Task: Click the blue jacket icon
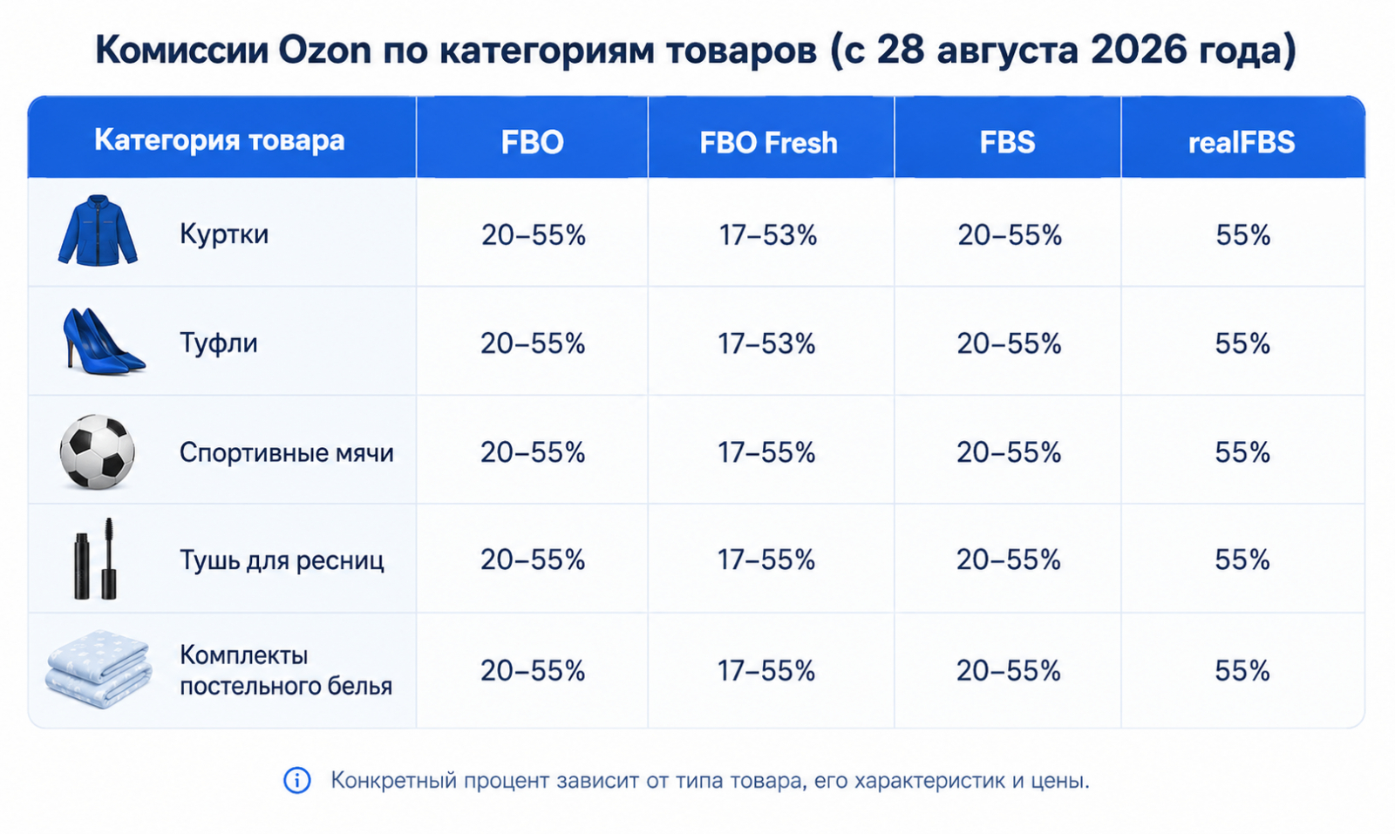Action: [98, 231]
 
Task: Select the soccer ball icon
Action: [97, 451]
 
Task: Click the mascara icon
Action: [95, 559]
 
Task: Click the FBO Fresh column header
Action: [768, 143]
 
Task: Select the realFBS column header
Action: [1242, 143]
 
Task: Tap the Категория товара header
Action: [219, 140]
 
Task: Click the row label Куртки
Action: [224, 234]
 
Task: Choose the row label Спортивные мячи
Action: [287, 453]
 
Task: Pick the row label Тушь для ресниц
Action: [282, 560]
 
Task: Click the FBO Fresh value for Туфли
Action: [766, 343]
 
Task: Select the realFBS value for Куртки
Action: [1243, 235]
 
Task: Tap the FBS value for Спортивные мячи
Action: [1009, 452]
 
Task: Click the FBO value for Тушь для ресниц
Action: [533, 560]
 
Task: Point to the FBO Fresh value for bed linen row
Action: [766, 671]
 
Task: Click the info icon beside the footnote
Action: [297, 781]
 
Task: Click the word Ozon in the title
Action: [324, 50]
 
